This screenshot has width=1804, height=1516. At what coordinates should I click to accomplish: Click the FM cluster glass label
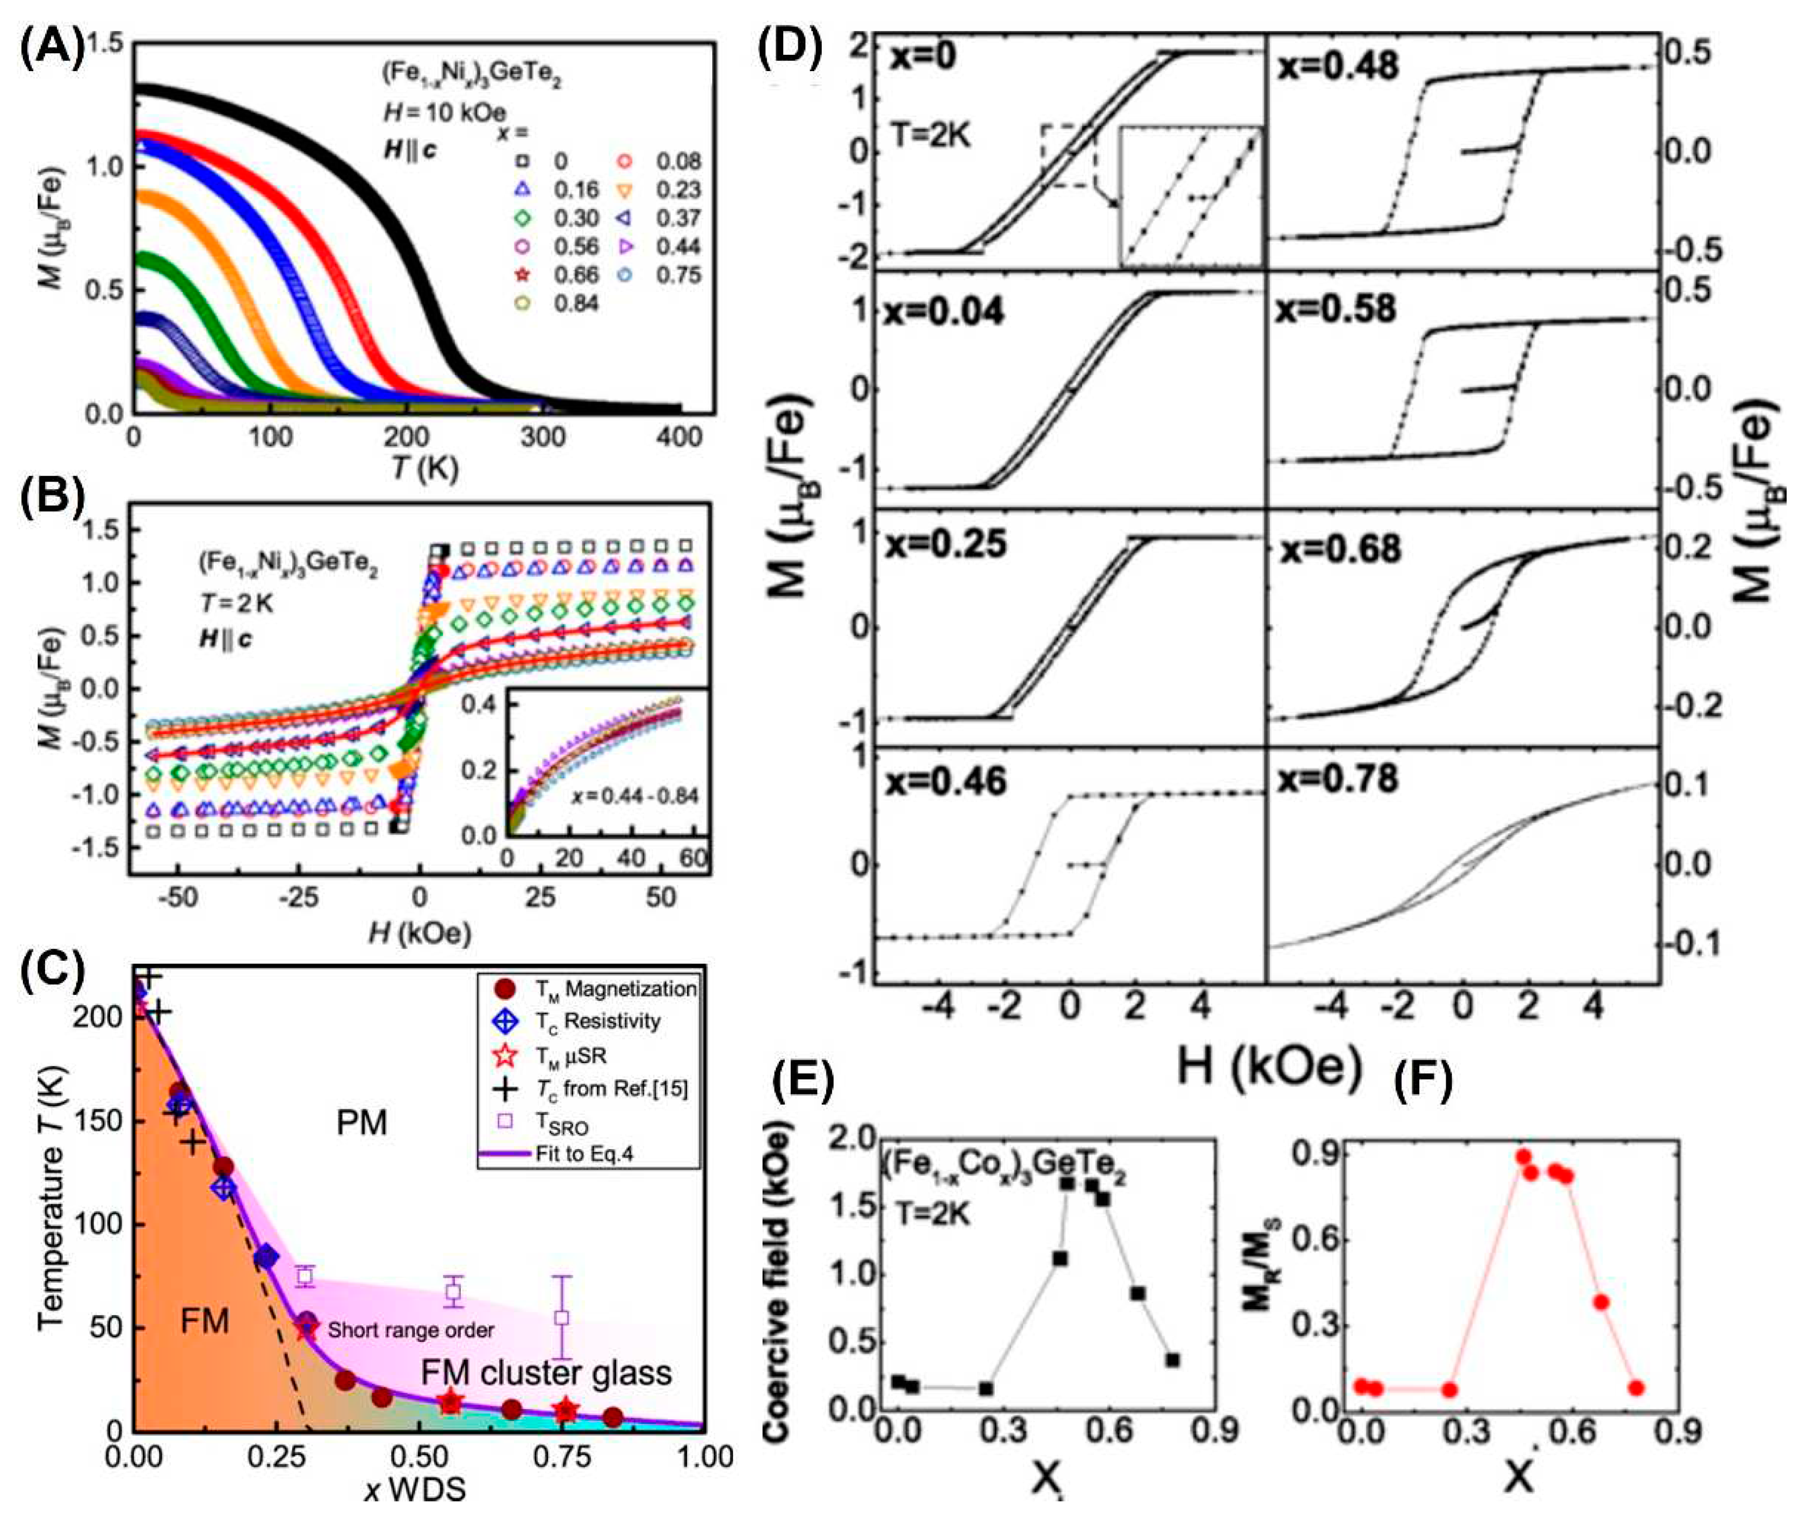click(x=546, y=1373)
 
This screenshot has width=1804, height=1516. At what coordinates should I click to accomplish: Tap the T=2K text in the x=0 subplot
click(x=932, y=135)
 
